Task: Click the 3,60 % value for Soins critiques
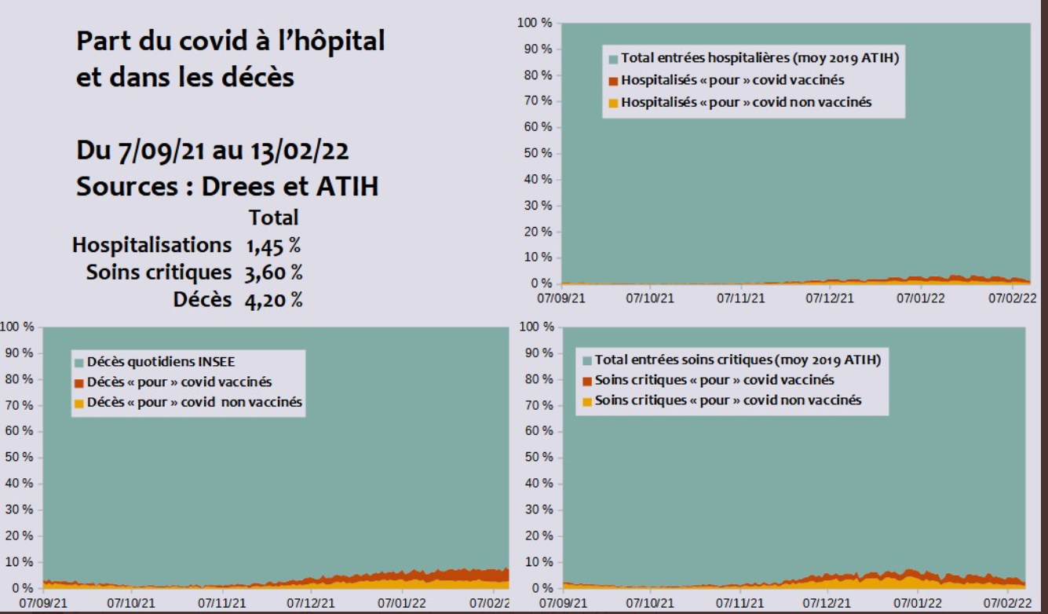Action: (x=273, y=272)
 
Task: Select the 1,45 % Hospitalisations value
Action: (x=272, y=245)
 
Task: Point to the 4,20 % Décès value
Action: (x=273, y=300)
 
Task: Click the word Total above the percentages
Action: (x=273, y=217)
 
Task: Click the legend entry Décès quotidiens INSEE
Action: (x=161, y=362)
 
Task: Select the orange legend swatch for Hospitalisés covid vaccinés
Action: (x=613, y=81)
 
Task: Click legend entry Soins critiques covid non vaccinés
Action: (x=728, y=400)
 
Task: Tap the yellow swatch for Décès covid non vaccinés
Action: (x=79, y=403)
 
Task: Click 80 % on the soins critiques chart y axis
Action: (x=541, y=379)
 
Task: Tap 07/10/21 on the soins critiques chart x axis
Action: (x=651, y=604)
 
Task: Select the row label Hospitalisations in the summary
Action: (x=152, y=245)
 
